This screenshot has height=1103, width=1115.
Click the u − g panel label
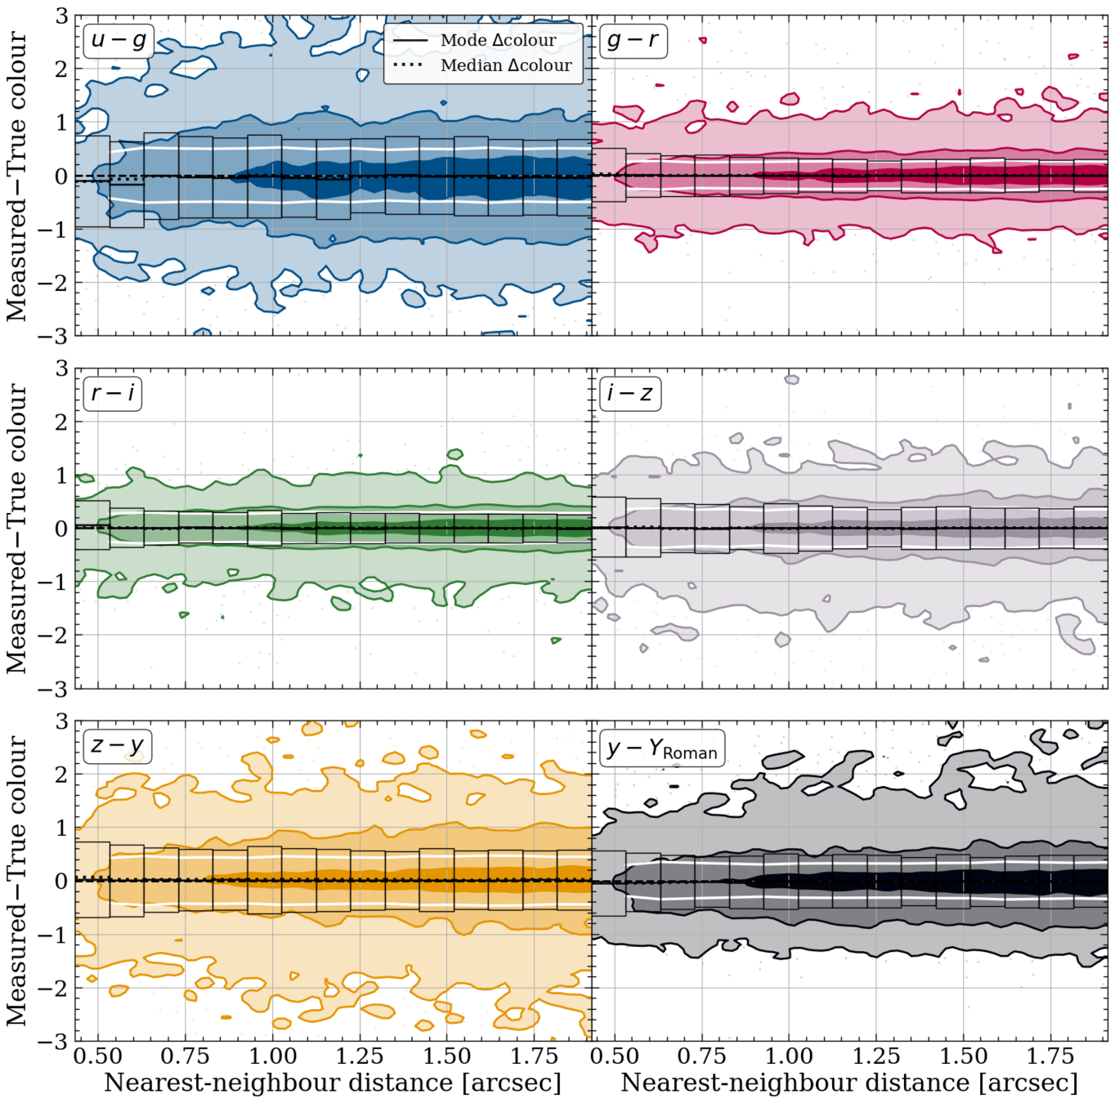pyautogui.click(x=119, y=41)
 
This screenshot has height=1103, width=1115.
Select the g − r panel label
pyautogui.click(x=633, y=41)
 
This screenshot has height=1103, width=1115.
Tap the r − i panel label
pyautogui.click(x=113, y=393)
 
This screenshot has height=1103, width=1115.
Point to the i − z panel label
pyautogui.click(x=629, y=393)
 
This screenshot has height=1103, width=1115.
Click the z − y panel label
pyautogui.click(x=118, y=746)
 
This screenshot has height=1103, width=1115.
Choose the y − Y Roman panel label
pyautogui.click(x=662, y=749)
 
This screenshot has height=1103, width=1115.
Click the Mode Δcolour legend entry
pyautogui.click(x=474, y=41)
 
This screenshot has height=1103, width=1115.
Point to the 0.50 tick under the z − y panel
pyautogui.click(x=98, y=1056)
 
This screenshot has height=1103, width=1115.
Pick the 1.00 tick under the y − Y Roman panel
pyautogui.click(x=789, y=1056)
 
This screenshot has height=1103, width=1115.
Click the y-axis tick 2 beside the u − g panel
pyautogui.click(x=61, y=70)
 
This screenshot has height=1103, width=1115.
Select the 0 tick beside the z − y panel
pyautogui.click(x=61, y=882)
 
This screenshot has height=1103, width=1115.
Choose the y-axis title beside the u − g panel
pyautogui.click(x=16, y=176)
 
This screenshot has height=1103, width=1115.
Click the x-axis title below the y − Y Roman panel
pyautogui.click(x=849, y=1083)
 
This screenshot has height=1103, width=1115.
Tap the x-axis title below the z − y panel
pyautogui.click(x=333, y=1083)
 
